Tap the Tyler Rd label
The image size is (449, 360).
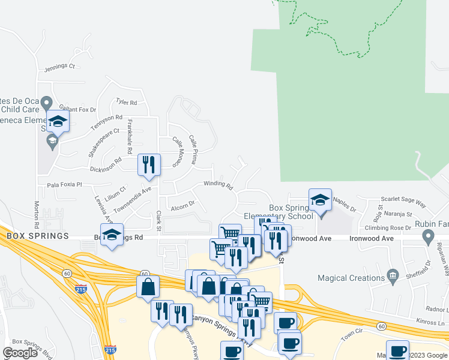tap(127, 103)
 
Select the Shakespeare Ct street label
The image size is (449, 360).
tap(100, 142)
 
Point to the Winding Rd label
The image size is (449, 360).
tap(218, 185)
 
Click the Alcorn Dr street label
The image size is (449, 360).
tap(182, 205)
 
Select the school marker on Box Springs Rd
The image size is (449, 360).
tap(112, 235)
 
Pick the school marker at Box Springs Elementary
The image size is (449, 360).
tap(320, 200)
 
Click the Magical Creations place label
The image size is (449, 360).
tap(349, 278)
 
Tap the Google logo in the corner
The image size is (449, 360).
tap(19, 352)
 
